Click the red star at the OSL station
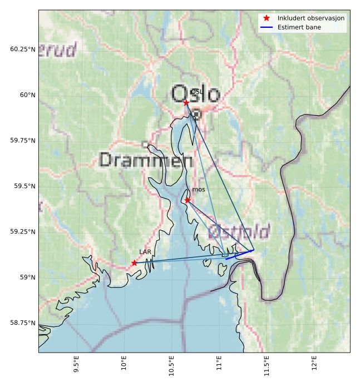(x=186, y=103)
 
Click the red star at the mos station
(x=188, y=200)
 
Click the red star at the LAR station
(x=135, y=263)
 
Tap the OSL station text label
(x=196, y=92)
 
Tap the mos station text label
(x=199, y=190)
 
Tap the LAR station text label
(x=145, y=252)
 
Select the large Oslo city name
(x=195, y=93)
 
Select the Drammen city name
(x=146, y=161)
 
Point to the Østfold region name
(x=239, y=232)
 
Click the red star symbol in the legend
(x=267, y=18)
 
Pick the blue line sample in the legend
(x=267, y=27)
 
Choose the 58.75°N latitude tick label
(x=21, y=323)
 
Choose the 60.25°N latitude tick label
(x=21, y=49)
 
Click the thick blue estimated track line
(x=239, y=255)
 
